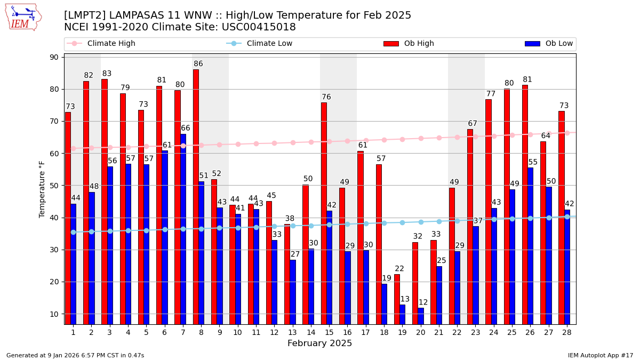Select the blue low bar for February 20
point(421,316)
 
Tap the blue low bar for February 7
point(183,229)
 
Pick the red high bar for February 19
point(397,299)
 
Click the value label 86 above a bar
point(198,64)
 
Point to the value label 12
point(423,302)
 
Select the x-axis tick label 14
point(308,332)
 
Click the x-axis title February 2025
point(319,343)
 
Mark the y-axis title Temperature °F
point(42,189)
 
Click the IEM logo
point(23,17)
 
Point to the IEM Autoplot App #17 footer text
point(600,355)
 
